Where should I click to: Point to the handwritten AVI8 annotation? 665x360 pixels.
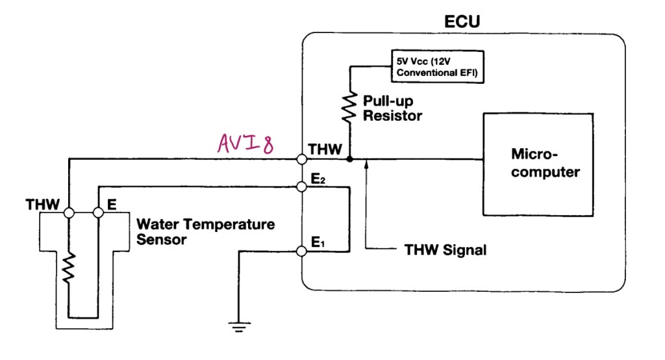pyautogui.click(x=245, y=142)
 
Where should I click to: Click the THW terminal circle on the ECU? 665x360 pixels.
pyautogui.click(x=302, y=159)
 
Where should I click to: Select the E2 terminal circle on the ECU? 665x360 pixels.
pyautogui.click(x=302, y=186)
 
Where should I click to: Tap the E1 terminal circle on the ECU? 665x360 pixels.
pyautogui.click(x=302, y=251)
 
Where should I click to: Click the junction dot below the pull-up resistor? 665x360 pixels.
pyautogui.click(x=350, y=159)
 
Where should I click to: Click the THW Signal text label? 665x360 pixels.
pyautogui.click(x=445, y=250)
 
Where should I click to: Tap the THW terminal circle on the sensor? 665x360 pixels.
pyautogui.click(x=69, y=212)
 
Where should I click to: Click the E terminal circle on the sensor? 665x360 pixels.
pyautogui.click(x=98, y=212)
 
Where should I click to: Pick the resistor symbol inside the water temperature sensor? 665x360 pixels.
pyautogui.click(x=69, y=267)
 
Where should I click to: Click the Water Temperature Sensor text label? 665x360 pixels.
pyautogui.click(x=205, y=232)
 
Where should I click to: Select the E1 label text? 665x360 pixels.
pyautogui.click(x=318, y=243)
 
